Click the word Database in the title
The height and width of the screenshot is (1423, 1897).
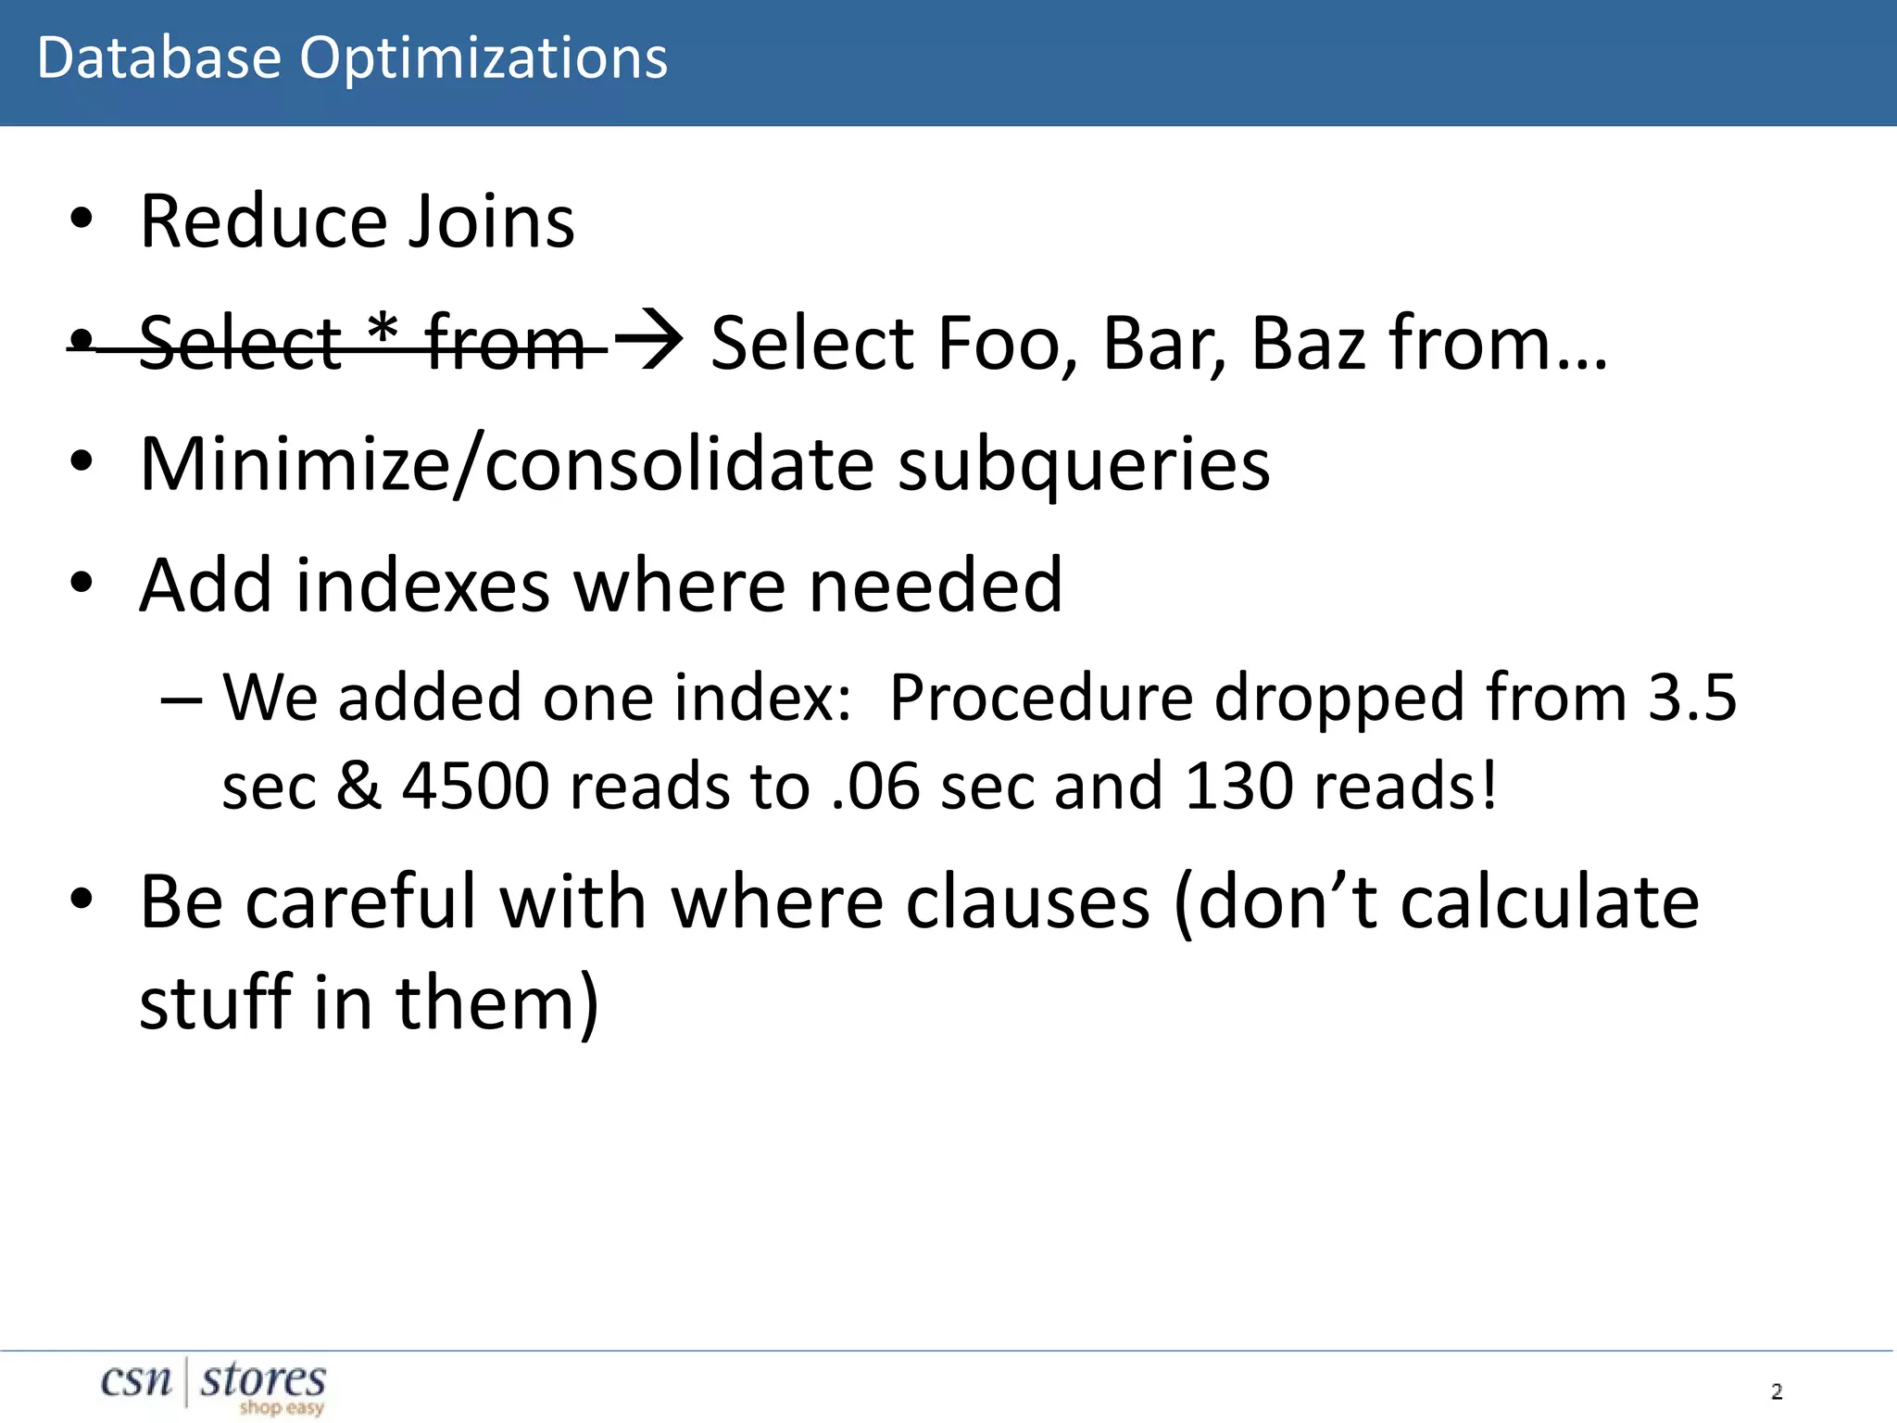click(158, 58)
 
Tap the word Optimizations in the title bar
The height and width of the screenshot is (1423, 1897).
click(483, 60)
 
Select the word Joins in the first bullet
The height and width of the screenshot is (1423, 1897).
click(491, 222)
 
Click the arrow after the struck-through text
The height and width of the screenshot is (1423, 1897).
click(649, 340)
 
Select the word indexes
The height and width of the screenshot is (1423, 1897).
click(423, 586)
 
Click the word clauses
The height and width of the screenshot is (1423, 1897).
click(1027, 902)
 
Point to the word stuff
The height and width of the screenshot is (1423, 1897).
click(216, 1003)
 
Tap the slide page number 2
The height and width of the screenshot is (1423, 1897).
click(1777, 1392)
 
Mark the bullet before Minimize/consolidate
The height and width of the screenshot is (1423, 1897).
click(82, 461)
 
